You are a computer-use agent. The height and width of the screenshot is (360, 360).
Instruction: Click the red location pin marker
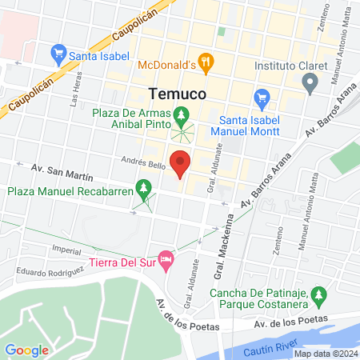click(181, 162)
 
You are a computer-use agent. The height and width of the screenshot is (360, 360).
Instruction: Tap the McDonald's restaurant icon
click(206, 60)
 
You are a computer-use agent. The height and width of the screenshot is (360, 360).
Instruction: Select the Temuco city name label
click(179, 93)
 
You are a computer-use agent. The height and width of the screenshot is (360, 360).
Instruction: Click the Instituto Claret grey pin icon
click(311, 81)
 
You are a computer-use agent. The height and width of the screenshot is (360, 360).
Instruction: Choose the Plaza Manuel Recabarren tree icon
click(144, 190)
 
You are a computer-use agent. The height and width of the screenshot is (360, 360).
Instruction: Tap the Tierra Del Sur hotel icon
click(166, 258)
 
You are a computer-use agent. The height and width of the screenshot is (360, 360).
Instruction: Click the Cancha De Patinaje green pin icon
click(319, 297)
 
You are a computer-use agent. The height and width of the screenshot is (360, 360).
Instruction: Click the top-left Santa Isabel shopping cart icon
click(58, 55)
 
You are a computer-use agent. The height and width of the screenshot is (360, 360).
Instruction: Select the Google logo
click(27, 350)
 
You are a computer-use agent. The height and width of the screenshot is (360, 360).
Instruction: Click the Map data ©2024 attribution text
click(326, 354)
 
